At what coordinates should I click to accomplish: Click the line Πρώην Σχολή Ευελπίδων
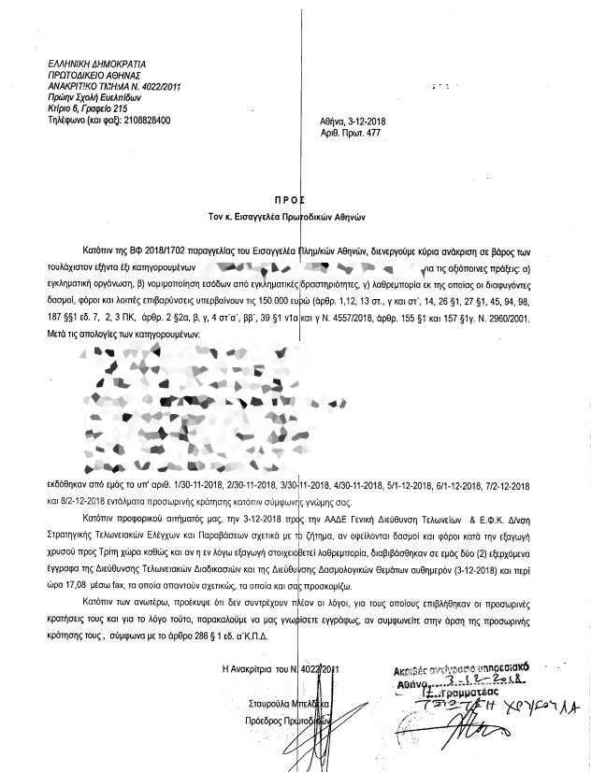[100, 96]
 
